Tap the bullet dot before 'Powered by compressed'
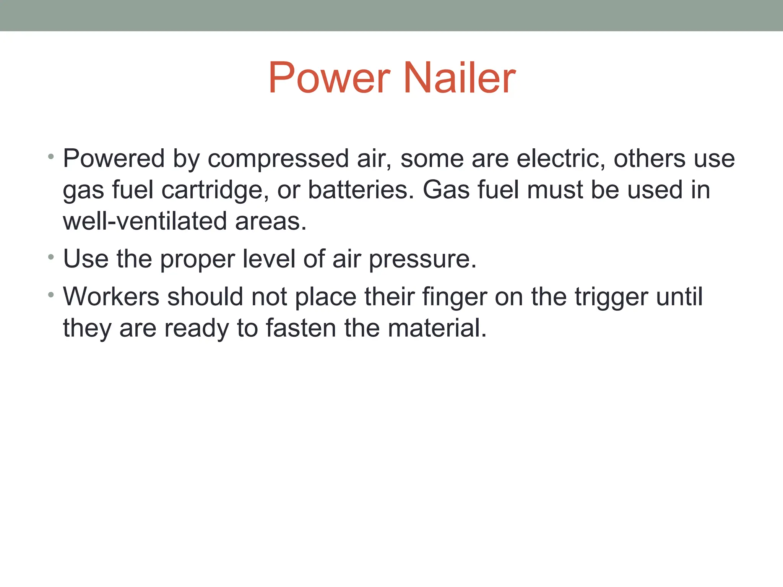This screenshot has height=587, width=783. point(51,157)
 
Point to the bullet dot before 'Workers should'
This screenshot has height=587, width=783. point(51,295)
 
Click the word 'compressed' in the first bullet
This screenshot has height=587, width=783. point(278,159)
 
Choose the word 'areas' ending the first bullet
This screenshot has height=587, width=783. point(270,222)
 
